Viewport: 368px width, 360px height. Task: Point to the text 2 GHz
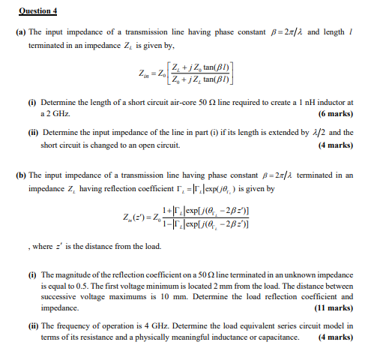click(50, 115)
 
